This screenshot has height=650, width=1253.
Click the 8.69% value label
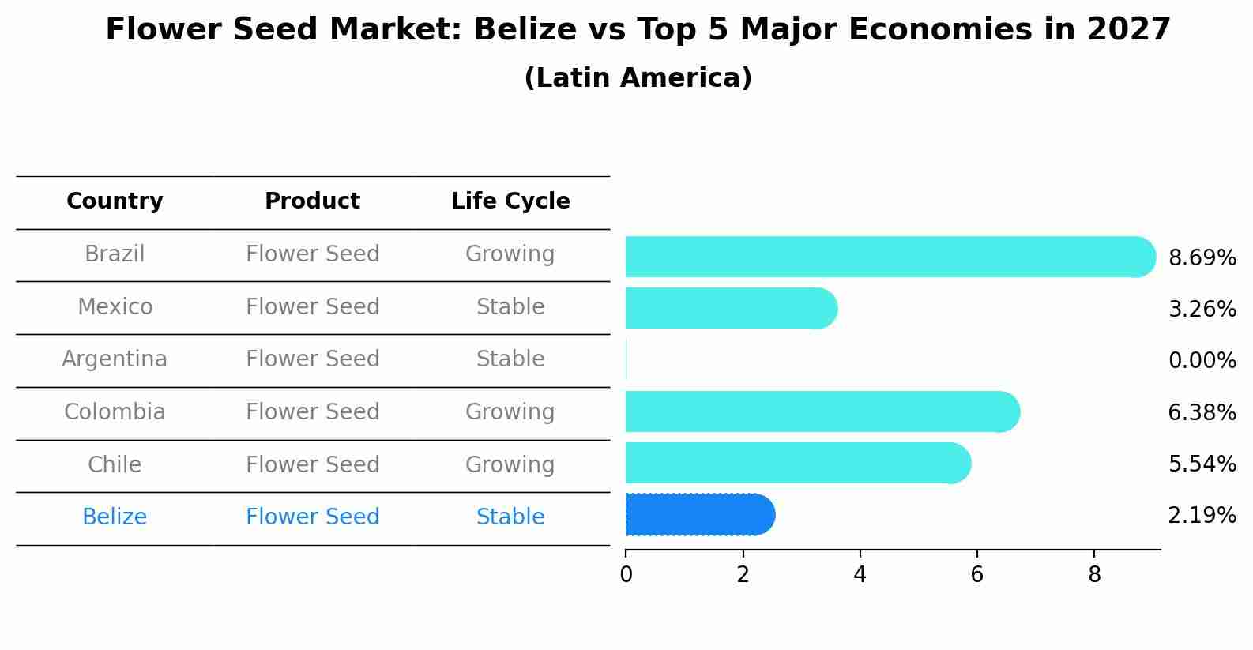point(1202,258)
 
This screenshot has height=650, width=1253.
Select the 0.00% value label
point(1202,361)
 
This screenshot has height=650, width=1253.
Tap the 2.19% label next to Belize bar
point(1202,516)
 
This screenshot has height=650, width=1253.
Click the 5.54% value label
point(1202,464)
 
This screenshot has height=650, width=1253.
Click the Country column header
point(115,201)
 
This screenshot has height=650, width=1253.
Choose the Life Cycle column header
point(510,201)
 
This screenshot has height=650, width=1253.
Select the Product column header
point(312,201)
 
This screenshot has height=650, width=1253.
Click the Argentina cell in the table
point(115,359)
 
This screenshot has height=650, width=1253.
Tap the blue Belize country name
point(115,517)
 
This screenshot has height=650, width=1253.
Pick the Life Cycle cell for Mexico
point(510,306)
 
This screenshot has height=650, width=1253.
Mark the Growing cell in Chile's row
point(510,464)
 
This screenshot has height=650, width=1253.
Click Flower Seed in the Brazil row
point(312,254)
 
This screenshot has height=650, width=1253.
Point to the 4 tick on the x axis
point(860,575)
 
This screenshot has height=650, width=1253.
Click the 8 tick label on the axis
point(1093,575)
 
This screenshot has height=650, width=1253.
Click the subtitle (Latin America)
point(638,78)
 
